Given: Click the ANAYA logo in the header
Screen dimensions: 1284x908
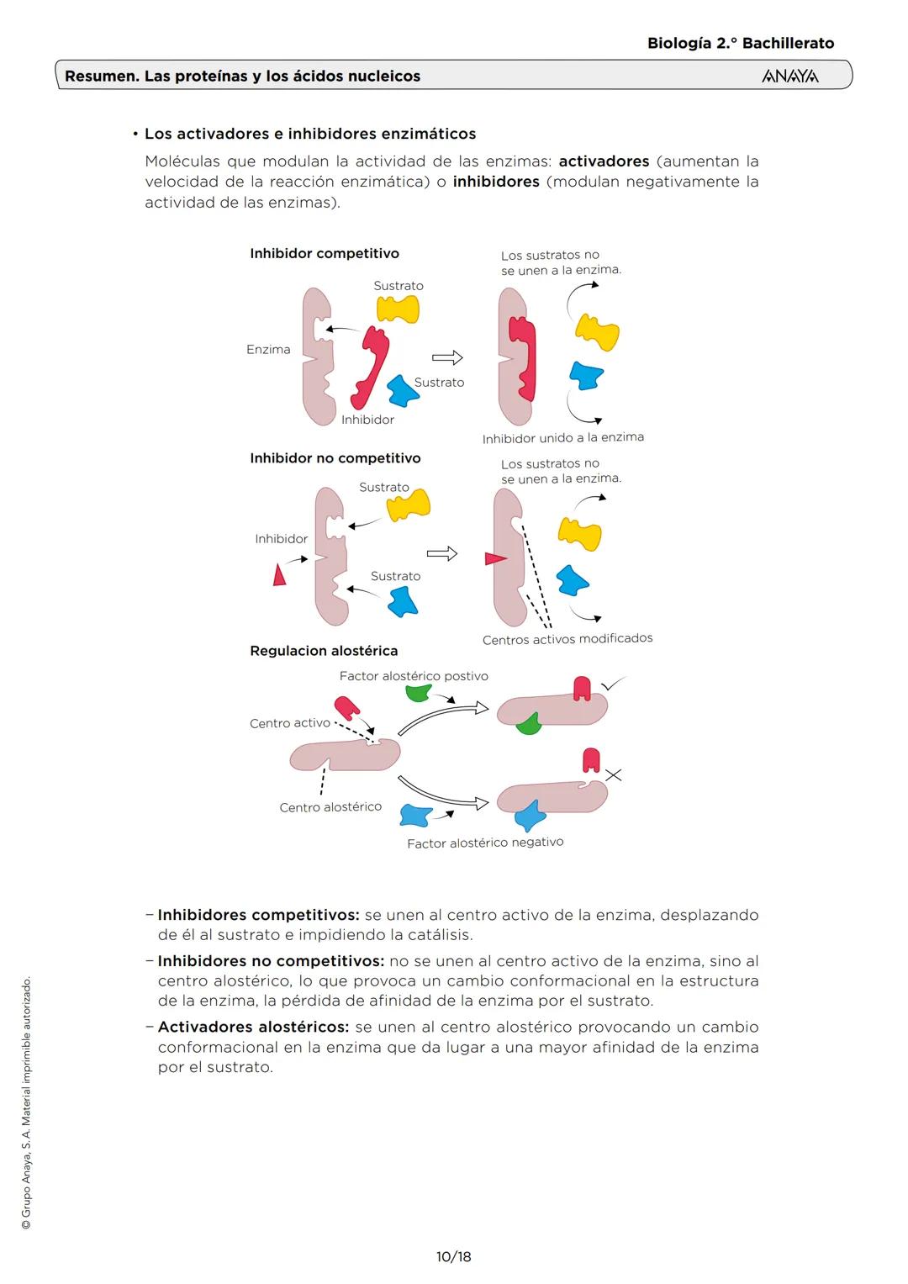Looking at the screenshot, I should click(789, 77).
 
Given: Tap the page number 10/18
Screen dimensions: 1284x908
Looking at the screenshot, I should click(453, 1256).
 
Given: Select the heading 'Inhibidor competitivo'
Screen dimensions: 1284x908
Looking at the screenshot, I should click(325, 254).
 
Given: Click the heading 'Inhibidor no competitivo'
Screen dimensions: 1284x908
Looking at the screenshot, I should click(335, 458).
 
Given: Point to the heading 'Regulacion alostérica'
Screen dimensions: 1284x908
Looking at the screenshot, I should click(324, 651).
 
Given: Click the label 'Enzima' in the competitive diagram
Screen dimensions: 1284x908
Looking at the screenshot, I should click(268, 350).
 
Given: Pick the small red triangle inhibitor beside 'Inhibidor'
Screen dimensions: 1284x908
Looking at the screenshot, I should click(279, 576).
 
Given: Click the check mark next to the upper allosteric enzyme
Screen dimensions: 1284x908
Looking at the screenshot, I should click(614, 684).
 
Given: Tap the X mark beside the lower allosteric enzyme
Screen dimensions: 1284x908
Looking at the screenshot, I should click(614, 775).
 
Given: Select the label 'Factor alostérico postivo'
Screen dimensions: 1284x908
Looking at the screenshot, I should click(414, 676).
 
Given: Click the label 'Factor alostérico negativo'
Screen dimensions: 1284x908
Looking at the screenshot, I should click(485, 843).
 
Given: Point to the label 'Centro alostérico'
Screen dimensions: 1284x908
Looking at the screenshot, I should click(330, 807).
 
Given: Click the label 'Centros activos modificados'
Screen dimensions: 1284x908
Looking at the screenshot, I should click(567, 639).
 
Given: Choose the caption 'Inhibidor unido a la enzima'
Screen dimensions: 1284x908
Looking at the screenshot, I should click(563, 438).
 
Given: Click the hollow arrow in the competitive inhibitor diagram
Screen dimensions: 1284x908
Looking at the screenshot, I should click(447, 358).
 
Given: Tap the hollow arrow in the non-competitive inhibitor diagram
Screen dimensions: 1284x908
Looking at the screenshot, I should click(442, 553).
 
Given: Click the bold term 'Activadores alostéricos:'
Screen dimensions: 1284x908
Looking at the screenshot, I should click(253, 1027).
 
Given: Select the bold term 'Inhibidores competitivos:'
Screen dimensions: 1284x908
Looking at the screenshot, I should click(258, 915).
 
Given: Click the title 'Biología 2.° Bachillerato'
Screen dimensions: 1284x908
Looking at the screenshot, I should click(741, 44).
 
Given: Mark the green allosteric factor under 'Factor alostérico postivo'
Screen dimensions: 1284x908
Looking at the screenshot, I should click(418, 693).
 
